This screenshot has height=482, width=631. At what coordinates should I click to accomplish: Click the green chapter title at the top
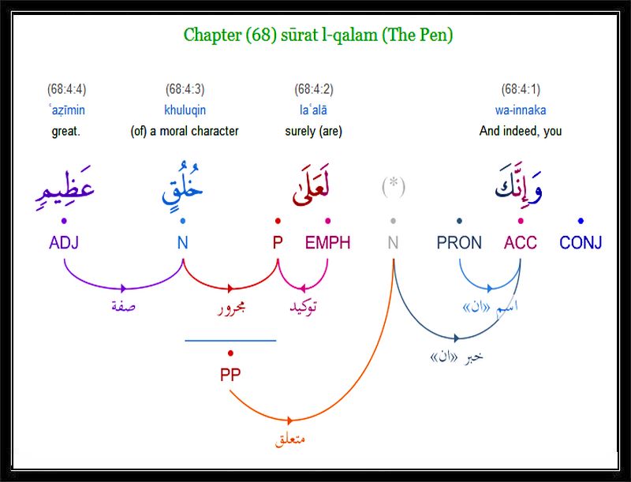pyautogui.click(x=318, y=35)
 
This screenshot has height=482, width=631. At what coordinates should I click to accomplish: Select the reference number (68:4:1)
pyautogui.click(x=521, y=89)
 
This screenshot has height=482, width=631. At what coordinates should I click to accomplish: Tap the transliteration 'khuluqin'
pyautogui.click(x=185, y=110)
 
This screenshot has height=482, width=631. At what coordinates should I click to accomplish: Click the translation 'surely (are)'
pyautogui.click(x=313, y=131)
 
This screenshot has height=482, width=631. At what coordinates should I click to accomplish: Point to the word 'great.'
pyautogui.click(x=66, y=131)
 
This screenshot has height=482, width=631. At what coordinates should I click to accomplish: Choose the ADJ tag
pyautogui.click(x=64, y=243)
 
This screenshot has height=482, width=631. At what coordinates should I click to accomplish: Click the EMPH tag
pyautogui.click(x=327, y=243)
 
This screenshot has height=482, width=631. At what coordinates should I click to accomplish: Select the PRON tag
pyautogui.click(x=459, y=243)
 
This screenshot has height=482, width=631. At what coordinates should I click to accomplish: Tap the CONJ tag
pyautogui.click(x=581, y=243)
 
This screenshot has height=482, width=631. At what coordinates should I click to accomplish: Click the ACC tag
pyautogui.click(x=521, y=243)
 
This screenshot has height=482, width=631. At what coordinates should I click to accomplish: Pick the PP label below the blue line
pyautogui.click(x=230, y=375)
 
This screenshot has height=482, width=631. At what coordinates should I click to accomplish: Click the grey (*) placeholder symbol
pyautogui.click(x=393, y=187)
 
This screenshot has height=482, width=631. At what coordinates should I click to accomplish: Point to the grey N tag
pyautogui.click(x=393, y=243)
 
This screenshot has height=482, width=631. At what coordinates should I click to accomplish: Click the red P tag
pyautogui.click(x=278, y=243)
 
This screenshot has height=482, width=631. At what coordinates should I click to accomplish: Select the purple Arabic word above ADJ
pyautogui.click(x=65, y=189)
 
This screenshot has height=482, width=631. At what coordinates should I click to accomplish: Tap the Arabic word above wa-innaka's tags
pyautogui.click(x=519, y=186)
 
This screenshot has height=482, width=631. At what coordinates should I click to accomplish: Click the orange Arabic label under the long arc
pyautogui.click(x=290, y=439)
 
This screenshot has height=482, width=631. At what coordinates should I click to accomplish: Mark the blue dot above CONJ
pyautogui.click(x=581, y=220)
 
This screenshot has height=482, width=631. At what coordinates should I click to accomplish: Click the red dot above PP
pyautogui.click(x=230, y=353)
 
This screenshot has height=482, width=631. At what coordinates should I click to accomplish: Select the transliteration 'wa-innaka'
pyautogui.click(x=521, y=110)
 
